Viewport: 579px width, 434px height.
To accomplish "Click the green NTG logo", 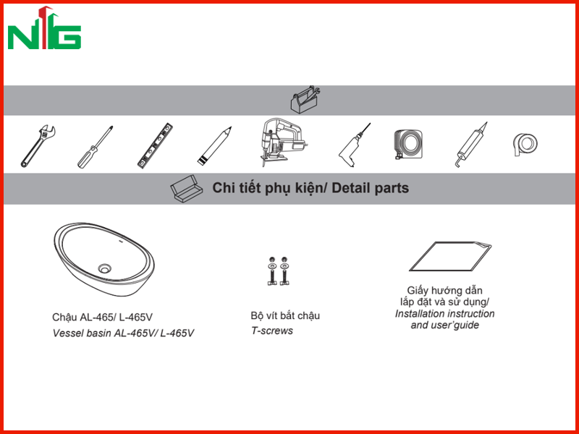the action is click(x=44, y=28).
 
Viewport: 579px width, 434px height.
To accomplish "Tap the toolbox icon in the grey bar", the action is click(x=305, y=100).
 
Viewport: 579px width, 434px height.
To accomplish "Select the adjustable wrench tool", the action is click(x=38, y=146).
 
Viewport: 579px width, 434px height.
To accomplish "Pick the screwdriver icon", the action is click(x=95, y=147).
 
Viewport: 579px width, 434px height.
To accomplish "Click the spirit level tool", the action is click(x=155, y=146).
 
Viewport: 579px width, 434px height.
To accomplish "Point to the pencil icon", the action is click(x=214, y=146).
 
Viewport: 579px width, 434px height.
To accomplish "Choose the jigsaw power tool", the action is click(x=282, y=142).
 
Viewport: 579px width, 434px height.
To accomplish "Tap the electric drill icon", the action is click(x=354, y=145).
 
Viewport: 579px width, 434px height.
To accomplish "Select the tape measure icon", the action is click(x=408, y=144).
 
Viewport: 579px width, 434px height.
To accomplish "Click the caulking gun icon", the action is click(x=471, y=145).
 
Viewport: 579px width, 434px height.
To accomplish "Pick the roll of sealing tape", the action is click(x=525, y=144).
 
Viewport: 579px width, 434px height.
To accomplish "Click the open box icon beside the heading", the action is click(x=187, y=189).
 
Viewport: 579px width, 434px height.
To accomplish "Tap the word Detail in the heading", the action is click(x=351, y=188).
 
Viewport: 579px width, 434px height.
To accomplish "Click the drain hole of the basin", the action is click(x=105, y=268).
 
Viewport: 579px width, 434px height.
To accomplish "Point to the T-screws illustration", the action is click(x=278, y=271).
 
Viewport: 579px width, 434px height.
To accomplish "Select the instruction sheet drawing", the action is click(x=450, y=257).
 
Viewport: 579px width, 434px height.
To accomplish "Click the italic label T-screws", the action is click(x=272, y=331).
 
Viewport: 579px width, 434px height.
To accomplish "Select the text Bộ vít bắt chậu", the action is click(x=285, y=316).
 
